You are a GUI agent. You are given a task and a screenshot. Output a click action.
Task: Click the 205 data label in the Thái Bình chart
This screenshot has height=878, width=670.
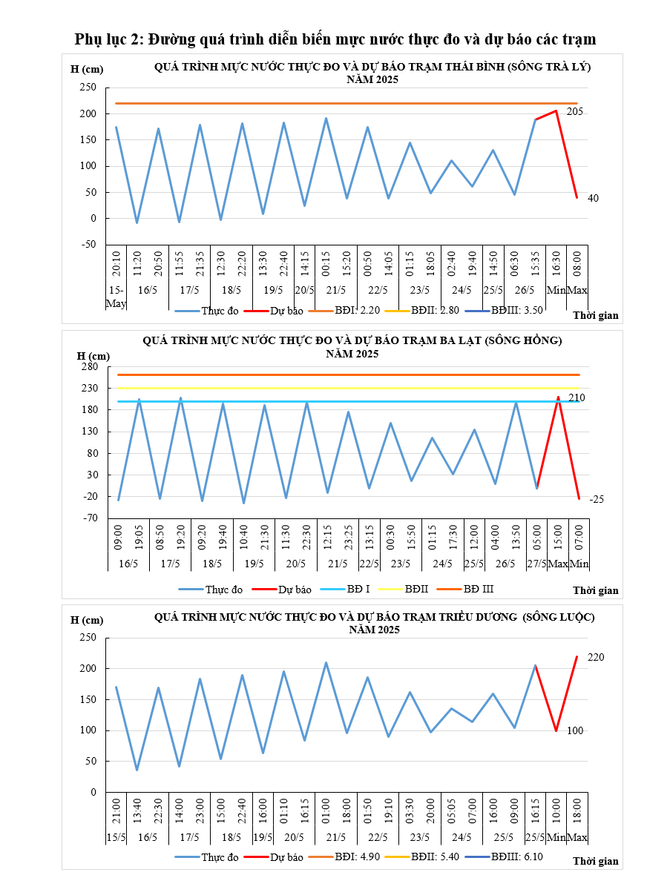coord(575,111)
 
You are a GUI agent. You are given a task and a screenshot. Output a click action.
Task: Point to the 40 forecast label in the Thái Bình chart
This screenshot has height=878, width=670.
coord(593,198)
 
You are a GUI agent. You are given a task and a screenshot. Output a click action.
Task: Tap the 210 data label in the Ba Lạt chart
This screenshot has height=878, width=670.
coord(577,398)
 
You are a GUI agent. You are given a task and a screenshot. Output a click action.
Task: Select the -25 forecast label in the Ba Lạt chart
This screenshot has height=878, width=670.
coord(597,499)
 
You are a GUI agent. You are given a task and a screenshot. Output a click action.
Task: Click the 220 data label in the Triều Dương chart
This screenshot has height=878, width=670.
coord(596,657)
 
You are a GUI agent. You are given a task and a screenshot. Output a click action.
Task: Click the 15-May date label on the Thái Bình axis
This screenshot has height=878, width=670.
coord(116,296)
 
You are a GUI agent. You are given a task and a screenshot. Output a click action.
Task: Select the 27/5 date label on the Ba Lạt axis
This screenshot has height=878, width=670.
coord(536,564)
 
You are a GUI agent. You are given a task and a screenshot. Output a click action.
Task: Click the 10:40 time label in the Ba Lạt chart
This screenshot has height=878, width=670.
coord(244,537)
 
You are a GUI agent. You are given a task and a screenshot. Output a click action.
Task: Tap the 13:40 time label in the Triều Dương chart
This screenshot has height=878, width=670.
coord(137,811)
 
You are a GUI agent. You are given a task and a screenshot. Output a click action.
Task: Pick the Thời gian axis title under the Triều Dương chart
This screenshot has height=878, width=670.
coord(596,861)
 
